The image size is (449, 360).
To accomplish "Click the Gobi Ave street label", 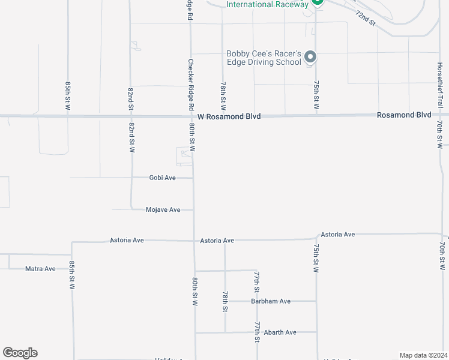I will (162, 178).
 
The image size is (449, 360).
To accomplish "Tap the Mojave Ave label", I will (163, 209).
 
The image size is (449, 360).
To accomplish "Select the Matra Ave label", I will (40, 268).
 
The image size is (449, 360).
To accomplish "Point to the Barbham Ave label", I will (271, 301).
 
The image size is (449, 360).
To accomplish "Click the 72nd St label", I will (364, 18).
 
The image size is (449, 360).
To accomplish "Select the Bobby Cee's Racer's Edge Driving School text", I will (263, 58).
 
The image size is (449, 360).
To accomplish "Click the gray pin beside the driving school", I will (310, 57).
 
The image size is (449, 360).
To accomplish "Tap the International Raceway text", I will (267, 4).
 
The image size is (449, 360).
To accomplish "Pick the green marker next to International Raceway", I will (317, 2).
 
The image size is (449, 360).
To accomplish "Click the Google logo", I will (20, 353).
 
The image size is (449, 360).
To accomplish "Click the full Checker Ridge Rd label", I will (191, 83).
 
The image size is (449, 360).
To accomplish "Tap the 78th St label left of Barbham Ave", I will (225, 302).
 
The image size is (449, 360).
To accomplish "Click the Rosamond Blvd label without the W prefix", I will (404, 115).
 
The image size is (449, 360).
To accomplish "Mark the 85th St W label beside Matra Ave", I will (71, 275).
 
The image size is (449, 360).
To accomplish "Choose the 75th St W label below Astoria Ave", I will (316, 257).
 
